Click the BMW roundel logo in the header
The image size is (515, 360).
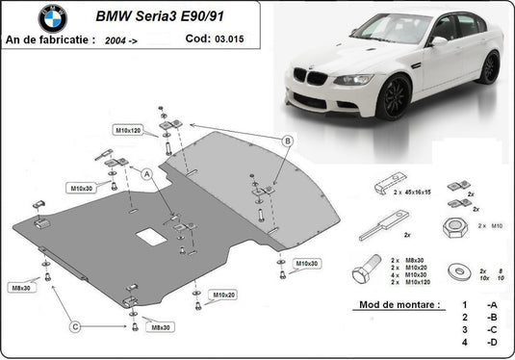point(54,17)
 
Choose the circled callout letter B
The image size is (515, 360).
point(287,141)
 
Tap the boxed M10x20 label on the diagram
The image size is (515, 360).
point(223,295)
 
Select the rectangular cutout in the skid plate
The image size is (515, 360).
point(149,235)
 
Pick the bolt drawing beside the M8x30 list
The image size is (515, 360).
point(369,271)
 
